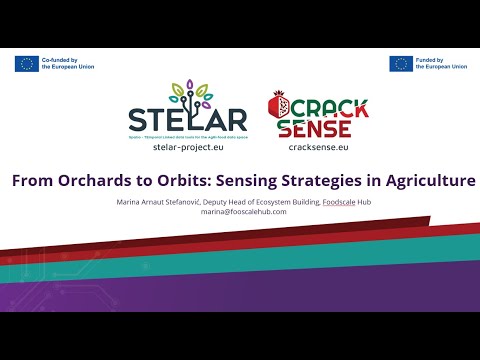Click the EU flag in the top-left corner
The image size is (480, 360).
coord(27,64)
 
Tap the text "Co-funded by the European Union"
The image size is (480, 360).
coord(67,64)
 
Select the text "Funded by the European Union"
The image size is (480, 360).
coord(442,64)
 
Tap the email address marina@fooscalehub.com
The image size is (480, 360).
coord(243,212)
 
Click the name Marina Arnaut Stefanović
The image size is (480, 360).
coord(155,202)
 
